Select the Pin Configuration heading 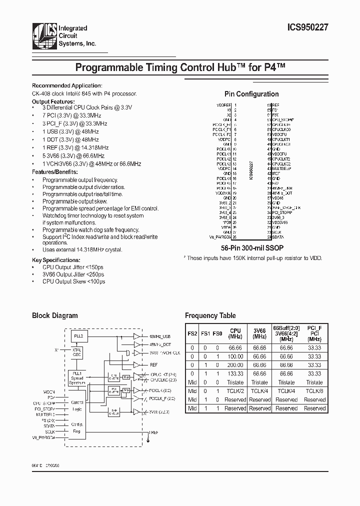coord(251,94)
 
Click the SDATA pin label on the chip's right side coord(279,236)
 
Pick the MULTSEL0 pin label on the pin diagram coord(282,169)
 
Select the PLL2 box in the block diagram coord(77,336)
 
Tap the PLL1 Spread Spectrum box coord(77,378)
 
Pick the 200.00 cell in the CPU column coord(235,365)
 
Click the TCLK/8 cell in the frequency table coord(315,391)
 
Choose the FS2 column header coord(192,333)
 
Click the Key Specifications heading coord(56,260)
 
